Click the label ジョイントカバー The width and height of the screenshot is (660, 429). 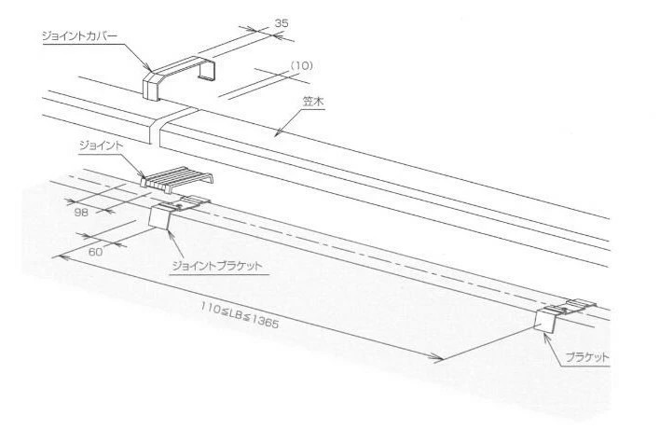(79, 36)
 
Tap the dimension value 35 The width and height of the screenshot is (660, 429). (282, 23)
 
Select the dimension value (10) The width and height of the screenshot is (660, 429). (302, 65)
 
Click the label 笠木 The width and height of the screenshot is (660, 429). (313, 103)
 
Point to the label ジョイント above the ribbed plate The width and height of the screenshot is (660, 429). (101, 145)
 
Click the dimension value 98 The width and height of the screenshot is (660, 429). (81, 213)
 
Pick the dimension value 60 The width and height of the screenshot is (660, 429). (95, 252)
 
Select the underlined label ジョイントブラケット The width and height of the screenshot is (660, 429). (217, 266)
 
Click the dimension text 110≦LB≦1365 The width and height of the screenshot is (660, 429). (239, 314)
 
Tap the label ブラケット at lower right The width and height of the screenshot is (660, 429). (587, 358)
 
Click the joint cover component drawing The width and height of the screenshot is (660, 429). (180, 78)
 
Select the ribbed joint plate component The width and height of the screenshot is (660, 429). (177, 179)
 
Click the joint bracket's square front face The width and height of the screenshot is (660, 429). (159, 217)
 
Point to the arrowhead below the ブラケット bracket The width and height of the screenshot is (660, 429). (545, 337)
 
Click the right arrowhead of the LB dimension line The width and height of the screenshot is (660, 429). (437, 358)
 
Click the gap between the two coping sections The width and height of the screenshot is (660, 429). (173, 126)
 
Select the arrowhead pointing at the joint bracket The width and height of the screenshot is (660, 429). (170, 234)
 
